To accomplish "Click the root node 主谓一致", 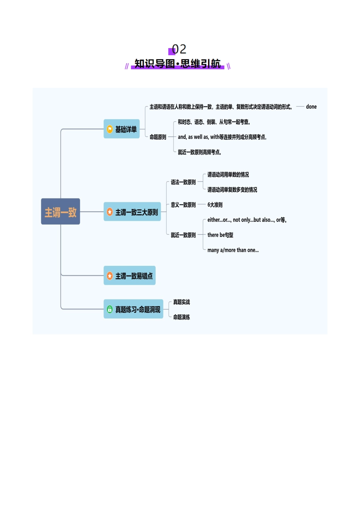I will point(60,212).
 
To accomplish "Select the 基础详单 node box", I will point(122,129).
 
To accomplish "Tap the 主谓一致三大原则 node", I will point(132,212).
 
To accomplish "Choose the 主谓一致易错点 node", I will point(130,276).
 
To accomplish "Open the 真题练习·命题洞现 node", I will point(133,309).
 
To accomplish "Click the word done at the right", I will point(311,107).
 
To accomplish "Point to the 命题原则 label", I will point(158,137).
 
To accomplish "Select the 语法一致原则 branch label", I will point(183,182).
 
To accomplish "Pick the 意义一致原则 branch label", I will point(183,205).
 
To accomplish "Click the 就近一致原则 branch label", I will point(183,235).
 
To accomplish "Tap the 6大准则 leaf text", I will point(215,205).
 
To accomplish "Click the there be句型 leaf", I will point(220,235).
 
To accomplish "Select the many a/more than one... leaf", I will point(233,250).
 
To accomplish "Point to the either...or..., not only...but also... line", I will point(247,220).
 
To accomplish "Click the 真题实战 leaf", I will point(182,302).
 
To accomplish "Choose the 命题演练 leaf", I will point(182,317).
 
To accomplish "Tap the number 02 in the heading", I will point(179,49).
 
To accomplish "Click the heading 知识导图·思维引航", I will point(177,64).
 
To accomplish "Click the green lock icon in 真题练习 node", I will point(110,309).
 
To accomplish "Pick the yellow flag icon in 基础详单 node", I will point(110,129).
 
